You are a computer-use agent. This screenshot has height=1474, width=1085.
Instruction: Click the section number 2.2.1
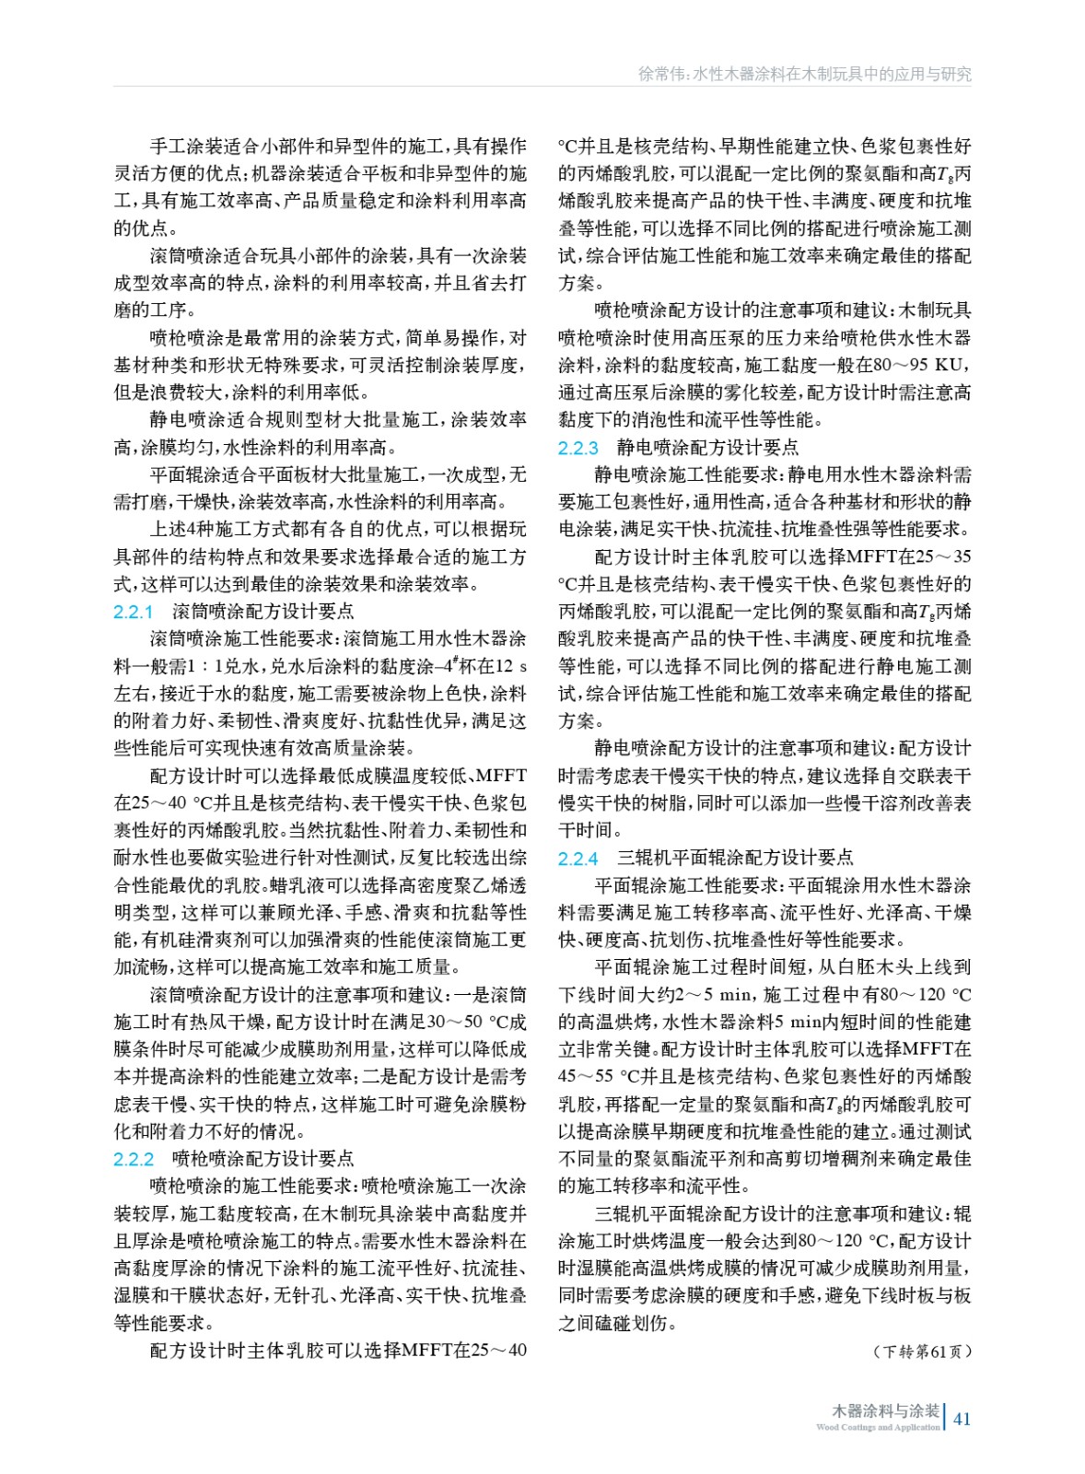(134, 612)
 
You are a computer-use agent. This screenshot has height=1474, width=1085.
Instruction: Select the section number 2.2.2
(134, 1159)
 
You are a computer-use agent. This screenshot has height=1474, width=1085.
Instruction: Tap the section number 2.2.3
(578, 448)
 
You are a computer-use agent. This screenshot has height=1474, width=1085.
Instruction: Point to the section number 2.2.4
(578, 859)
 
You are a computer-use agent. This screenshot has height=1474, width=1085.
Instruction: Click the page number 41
(962, 1419)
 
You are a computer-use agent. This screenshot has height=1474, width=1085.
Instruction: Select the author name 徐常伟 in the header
(661, 75)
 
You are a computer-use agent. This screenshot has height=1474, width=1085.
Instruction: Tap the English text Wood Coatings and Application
(878, 1428)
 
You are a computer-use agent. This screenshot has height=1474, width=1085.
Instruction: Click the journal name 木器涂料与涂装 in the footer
(885, 1410)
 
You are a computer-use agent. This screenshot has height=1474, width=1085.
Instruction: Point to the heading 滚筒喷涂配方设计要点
(262, 612)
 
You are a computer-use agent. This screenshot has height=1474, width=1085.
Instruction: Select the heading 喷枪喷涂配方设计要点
(262, 1159)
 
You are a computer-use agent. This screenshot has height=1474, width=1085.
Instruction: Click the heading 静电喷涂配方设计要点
(707, 448)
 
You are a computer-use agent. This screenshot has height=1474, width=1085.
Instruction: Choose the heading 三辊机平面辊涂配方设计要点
(735, 859)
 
